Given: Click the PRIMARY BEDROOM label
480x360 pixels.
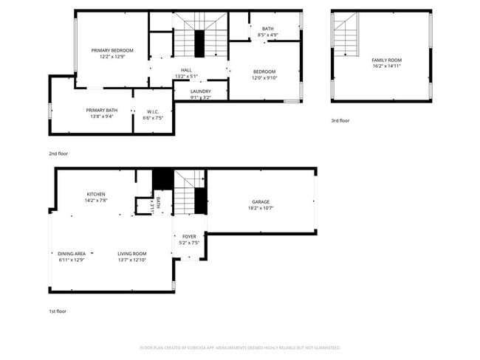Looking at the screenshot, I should pos(112,50).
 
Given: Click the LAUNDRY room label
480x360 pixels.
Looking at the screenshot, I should pos(200,91).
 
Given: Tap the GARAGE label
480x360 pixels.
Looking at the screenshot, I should pos(260,201).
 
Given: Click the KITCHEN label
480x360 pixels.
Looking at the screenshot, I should pos(96,194).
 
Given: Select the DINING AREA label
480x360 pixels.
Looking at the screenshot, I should pos(72,253).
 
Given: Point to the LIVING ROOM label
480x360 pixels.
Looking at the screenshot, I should pos(131,253).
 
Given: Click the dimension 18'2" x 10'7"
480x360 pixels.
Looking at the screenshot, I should pos(260,208).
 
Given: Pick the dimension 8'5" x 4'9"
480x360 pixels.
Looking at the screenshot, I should pos(267,35).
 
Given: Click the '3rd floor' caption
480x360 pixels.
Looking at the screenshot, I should pos(340,120).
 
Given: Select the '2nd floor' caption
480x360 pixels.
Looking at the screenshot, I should pos(58,153).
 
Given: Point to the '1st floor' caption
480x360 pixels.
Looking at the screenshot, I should pos(58,311).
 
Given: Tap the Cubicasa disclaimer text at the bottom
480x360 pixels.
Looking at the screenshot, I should pos(239,347).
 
